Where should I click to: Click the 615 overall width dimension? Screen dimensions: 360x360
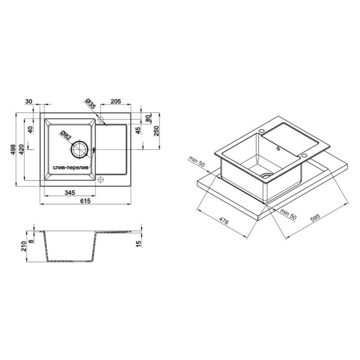85,201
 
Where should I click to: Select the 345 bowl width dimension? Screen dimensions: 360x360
70,193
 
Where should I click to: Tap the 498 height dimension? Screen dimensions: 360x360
13,149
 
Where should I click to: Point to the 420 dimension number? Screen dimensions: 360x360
21,149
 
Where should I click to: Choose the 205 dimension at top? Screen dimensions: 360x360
116,101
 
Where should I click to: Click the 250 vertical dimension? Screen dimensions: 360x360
156,131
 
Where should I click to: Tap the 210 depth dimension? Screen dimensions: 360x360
23,246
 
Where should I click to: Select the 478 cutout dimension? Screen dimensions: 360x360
223,221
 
